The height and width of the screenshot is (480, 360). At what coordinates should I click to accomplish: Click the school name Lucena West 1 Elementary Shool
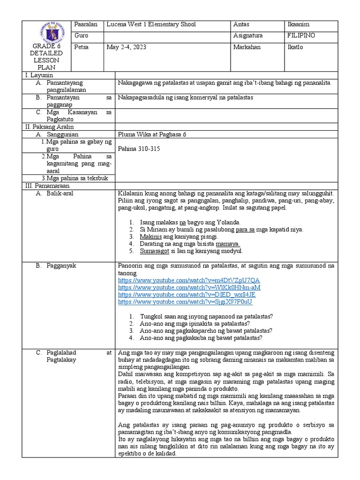pos(151,24)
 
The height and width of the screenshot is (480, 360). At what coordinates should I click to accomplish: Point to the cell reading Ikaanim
pos(298,24)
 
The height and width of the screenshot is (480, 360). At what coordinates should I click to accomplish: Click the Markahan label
pos(247,47)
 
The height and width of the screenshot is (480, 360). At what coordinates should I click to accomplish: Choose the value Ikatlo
pos(295,47)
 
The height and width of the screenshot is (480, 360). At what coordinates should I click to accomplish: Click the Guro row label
pos(81,36)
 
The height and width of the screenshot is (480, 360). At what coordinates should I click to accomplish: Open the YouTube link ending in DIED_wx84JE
pos(187,294)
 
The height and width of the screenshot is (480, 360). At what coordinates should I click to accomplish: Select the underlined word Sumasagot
pos(155,251)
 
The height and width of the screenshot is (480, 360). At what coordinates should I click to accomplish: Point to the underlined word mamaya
pos(228,244)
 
